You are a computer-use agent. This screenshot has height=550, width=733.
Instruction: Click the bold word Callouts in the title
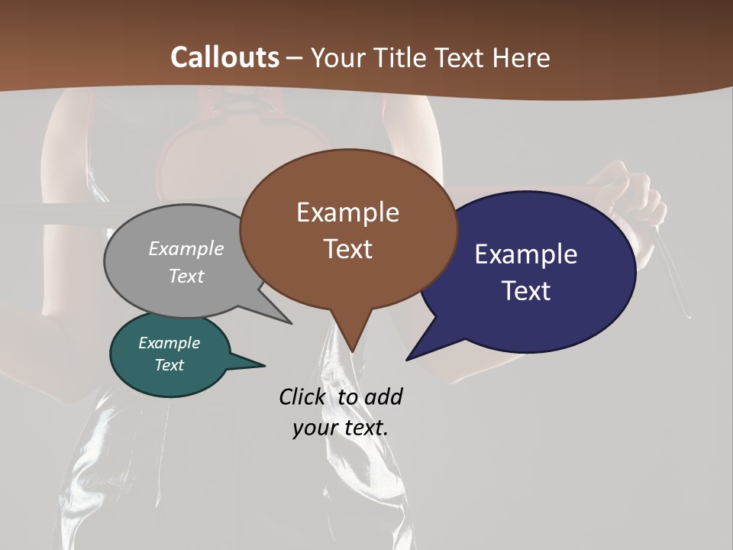coord(224,57)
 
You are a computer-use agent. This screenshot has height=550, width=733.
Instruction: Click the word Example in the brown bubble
coord(347,212)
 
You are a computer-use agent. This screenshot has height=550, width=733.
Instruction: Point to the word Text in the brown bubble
coord(347,248)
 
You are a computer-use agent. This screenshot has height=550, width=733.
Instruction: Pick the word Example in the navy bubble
coord(526,254)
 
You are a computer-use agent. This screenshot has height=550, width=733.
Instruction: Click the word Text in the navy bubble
coord(526,290)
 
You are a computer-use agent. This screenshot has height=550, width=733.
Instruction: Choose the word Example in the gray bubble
coord(186,248)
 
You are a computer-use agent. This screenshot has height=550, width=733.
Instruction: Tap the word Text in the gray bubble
coord(186,276)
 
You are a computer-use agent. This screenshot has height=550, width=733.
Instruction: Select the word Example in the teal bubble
coord(169,343)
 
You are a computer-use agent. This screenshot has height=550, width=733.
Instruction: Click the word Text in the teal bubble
coord(169,365)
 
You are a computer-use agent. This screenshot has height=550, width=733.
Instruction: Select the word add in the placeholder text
coord(383,396)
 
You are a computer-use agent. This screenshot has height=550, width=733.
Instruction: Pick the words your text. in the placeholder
coord(341,428)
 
